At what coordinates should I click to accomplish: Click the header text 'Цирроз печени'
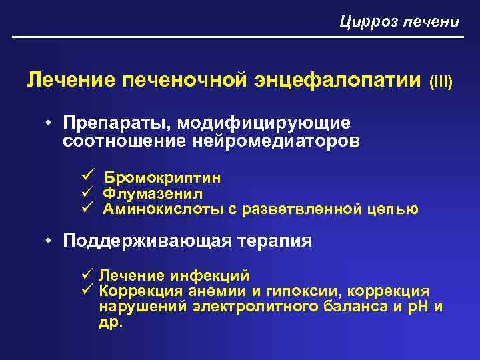(399, 22)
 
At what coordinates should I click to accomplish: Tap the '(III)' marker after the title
(441, 82)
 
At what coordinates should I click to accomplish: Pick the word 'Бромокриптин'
(163, 178)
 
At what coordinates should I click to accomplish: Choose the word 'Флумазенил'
(153, 193)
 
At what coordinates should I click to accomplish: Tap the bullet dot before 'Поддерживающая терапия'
(50, 240)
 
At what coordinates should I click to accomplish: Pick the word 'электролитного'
(237, 307)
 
